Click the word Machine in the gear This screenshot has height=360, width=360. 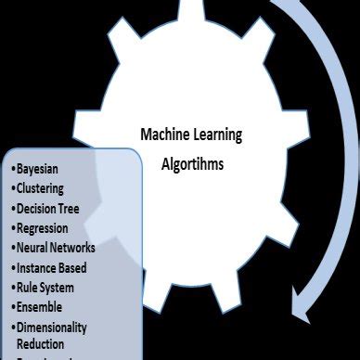[x=165, y=135]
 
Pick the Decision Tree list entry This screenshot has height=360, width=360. [x=53, y=209]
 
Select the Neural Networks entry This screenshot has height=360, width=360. [x=55, y=248]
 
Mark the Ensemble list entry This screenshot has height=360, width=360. [x=41, y=306]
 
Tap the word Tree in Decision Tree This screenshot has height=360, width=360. [x=80, y=209]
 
